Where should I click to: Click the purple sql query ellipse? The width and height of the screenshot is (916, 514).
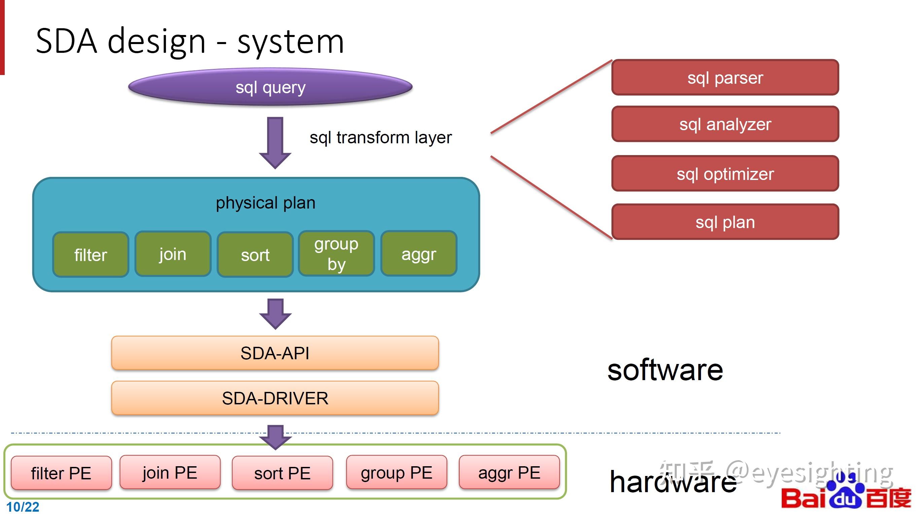click(270, 87)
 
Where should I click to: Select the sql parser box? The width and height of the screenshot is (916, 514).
click(725, 77)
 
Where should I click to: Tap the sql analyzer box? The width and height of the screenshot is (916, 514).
click(725, 124)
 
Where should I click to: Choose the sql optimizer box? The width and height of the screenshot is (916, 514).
click(725, 174)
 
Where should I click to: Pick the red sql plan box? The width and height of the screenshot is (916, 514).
click(725, 222)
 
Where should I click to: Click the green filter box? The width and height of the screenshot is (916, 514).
click(91, 255)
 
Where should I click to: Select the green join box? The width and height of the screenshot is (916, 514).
click(173, 254)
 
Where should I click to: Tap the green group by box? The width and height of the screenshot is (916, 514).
click(337, 253)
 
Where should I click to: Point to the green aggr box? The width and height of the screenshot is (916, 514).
click(419, 253)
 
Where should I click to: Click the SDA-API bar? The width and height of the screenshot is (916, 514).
click(275, 353)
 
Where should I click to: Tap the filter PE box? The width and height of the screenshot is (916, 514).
click(61, 473)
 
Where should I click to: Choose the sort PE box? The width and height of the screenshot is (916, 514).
click(282, 473)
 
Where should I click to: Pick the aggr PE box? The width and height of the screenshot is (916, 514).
click(509, 472)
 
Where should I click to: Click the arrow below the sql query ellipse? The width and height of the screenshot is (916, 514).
click(275, 143)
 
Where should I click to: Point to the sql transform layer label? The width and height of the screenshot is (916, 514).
click(381, 137)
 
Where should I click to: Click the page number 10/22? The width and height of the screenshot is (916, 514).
click(23, 507)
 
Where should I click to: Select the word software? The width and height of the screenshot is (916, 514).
click(665, 370)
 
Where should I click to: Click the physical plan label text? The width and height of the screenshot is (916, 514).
click(266, 203)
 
